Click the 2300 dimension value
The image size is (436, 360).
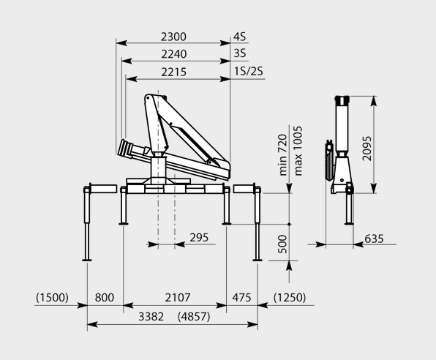[x=173, y=37]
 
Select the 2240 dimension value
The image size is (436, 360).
[x=174, y=54]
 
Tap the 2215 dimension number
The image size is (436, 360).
[x=174, y=72]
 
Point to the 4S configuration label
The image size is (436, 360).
[x=240, y=37]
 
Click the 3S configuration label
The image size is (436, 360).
[x=240, y=53]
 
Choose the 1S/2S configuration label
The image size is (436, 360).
[x=248, y=71]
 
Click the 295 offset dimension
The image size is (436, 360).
[x=199, y=238]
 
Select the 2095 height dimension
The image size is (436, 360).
[x=367, y=149]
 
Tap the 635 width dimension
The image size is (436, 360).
[x=374, y=239]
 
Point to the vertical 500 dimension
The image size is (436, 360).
[x=282, y=244]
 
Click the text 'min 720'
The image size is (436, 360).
[x=282, y=154]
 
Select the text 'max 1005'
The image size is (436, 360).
[x=298, y=151]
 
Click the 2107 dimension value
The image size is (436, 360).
[x=178, y=297]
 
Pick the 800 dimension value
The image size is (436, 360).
[x=105, y=297]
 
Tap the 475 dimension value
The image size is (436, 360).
[x=241, y=297]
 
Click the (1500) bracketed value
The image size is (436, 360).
[x=52, y=297]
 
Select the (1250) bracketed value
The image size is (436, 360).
[x=290, y=297]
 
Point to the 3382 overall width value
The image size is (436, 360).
[x=151, y=317]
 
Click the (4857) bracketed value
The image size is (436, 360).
[x=194, y=317]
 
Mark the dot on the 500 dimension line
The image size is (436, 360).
[x=289, y=224]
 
